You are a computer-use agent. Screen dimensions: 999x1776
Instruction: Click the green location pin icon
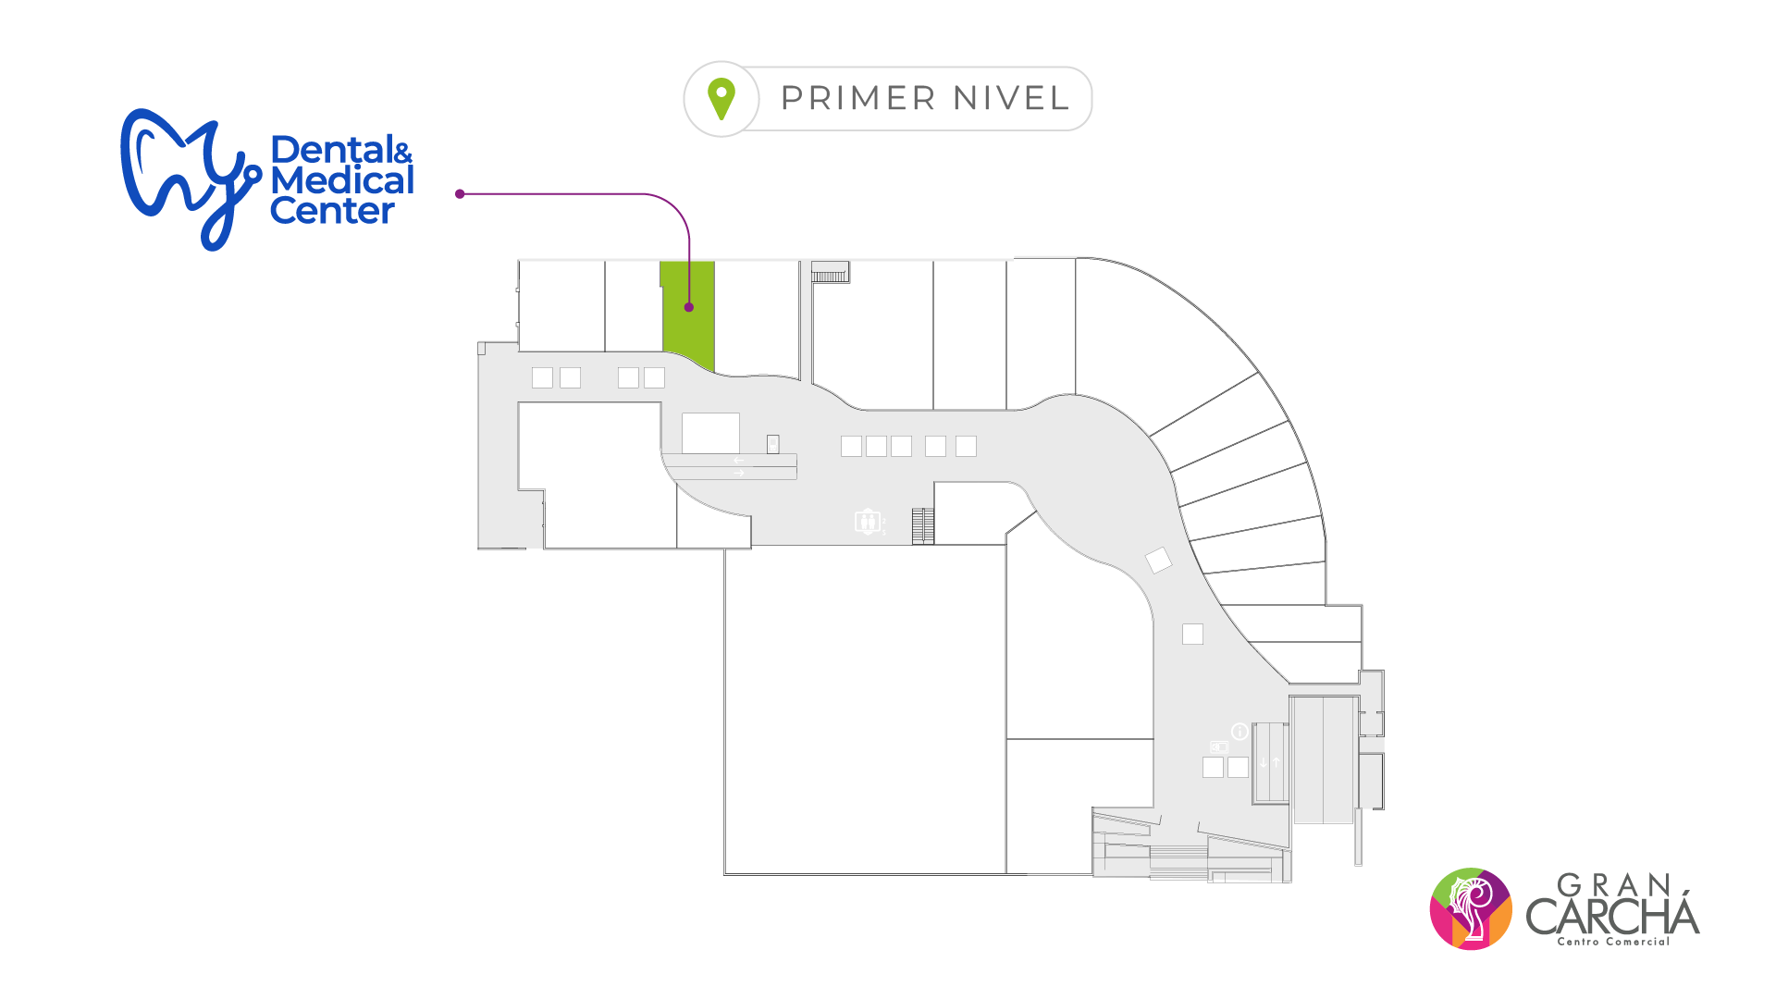(721, 98)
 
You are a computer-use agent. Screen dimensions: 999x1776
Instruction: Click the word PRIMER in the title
(859, 98)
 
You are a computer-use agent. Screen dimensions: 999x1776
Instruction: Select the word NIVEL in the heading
(1011, 98)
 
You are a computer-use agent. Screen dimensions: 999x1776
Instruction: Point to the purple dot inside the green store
(689, 307)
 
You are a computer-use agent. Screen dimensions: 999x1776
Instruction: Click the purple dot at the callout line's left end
(460, 194)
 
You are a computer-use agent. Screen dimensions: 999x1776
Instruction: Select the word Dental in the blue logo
(329, 150)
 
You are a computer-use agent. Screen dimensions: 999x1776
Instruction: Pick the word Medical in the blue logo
(342, 181)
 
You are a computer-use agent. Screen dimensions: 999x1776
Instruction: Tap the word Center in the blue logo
(332, 212)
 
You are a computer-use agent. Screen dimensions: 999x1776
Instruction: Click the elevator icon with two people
(867, 522)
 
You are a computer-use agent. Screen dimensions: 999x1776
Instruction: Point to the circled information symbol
(1239, 732)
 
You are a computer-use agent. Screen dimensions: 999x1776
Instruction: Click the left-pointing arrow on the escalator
(738, 460)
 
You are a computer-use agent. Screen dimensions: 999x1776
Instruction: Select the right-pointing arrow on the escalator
(738, 474)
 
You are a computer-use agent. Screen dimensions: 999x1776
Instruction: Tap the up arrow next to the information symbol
(1276, 762)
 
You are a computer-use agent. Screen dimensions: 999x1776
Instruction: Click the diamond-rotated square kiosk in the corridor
(1158, 560)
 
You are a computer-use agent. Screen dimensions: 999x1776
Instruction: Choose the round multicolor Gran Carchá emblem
(1471, 908)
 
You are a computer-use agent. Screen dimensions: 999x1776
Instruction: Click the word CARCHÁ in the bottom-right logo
(1612, 916)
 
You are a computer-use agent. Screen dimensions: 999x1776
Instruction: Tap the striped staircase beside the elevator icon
(922, 526)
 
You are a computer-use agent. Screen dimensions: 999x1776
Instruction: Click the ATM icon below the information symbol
(1219, 746)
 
